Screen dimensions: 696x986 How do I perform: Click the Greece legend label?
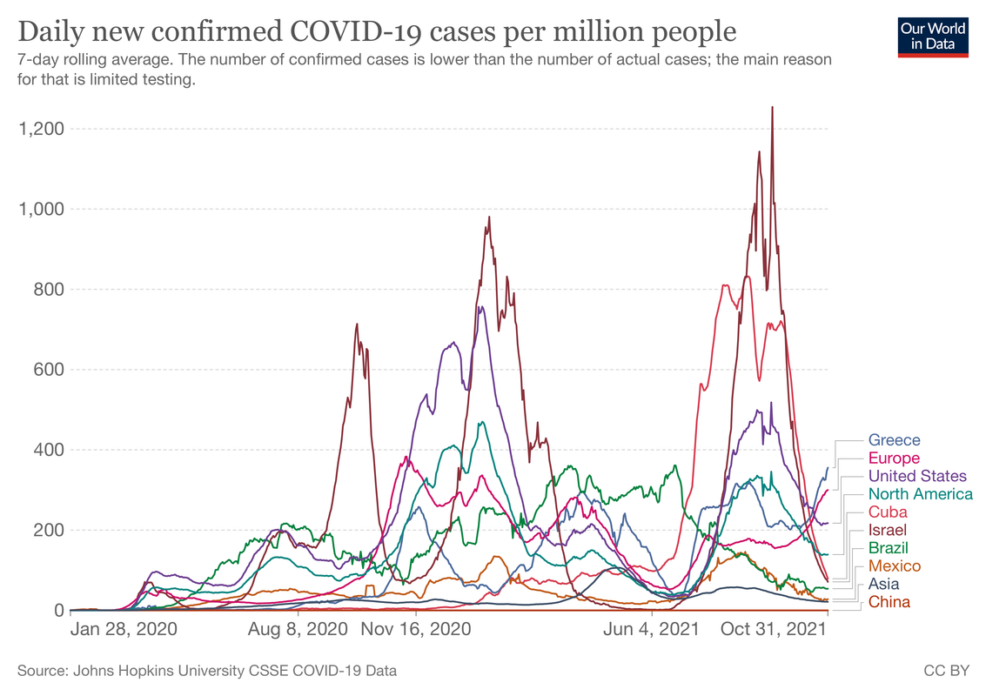[894, 440]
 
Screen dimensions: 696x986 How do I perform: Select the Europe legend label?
[894, 458]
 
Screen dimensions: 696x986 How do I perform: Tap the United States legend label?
[917, 476]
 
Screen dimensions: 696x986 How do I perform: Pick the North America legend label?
[921, 494]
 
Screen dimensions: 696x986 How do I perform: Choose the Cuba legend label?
[888, 512]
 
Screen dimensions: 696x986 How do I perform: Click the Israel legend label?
[888, 530]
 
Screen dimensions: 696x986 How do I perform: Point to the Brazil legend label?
[889, 548]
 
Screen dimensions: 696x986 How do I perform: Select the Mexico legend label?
[894, 566]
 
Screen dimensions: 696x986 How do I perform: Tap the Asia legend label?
[883, 584]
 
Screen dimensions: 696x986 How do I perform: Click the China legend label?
[889, 602]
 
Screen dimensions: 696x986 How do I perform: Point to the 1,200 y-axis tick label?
[41, 129]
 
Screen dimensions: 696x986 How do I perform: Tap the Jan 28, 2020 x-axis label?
[123, 629]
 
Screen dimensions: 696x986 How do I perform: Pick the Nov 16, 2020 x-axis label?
[415, 629]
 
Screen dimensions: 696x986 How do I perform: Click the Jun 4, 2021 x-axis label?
[651, 629]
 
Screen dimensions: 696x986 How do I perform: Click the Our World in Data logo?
[934, 36]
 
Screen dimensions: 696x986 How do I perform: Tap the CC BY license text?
[947, 671]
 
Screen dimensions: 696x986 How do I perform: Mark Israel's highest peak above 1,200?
[772, 108]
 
